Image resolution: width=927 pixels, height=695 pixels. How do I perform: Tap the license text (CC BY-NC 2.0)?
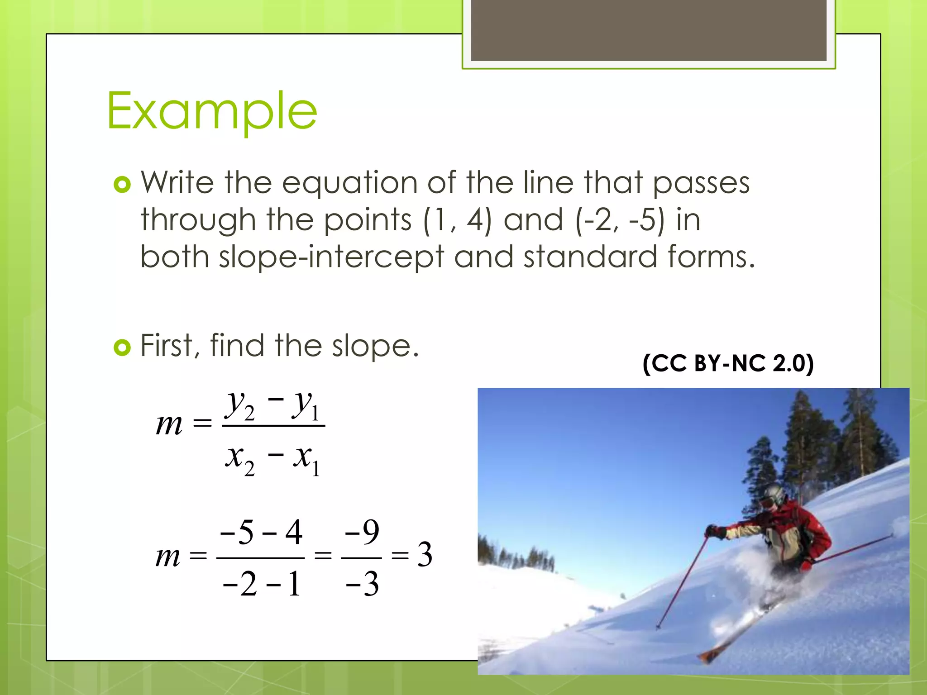pos(728,363)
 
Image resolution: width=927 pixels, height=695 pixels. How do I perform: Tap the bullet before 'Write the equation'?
pos(122,184)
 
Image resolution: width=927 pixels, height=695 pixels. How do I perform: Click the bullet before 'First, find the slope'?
pos(122,347)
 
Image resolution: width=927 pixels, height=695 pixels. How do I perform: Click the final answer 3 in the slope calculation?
pos(424,555)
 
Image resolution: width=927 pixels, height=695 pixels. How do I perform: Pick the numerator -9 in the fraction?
pos(362,532)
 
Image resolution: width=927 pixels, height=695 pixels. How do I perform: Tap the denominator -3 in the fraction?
pos(362,584)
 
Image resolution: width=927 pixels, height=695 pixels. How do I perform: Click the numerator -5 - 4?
pos(261,532)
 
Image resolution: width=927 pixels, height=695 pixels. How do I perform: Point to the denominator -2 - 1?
pos(261,584)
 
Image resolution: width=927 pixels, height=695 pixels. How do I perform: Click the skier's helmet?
pos(774,495)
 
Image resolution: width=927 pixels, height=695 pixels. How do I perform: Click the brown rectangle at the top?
pos(649,30)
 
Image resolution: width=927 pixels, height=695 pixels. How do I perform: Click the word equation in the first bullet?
pos(349,183)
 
